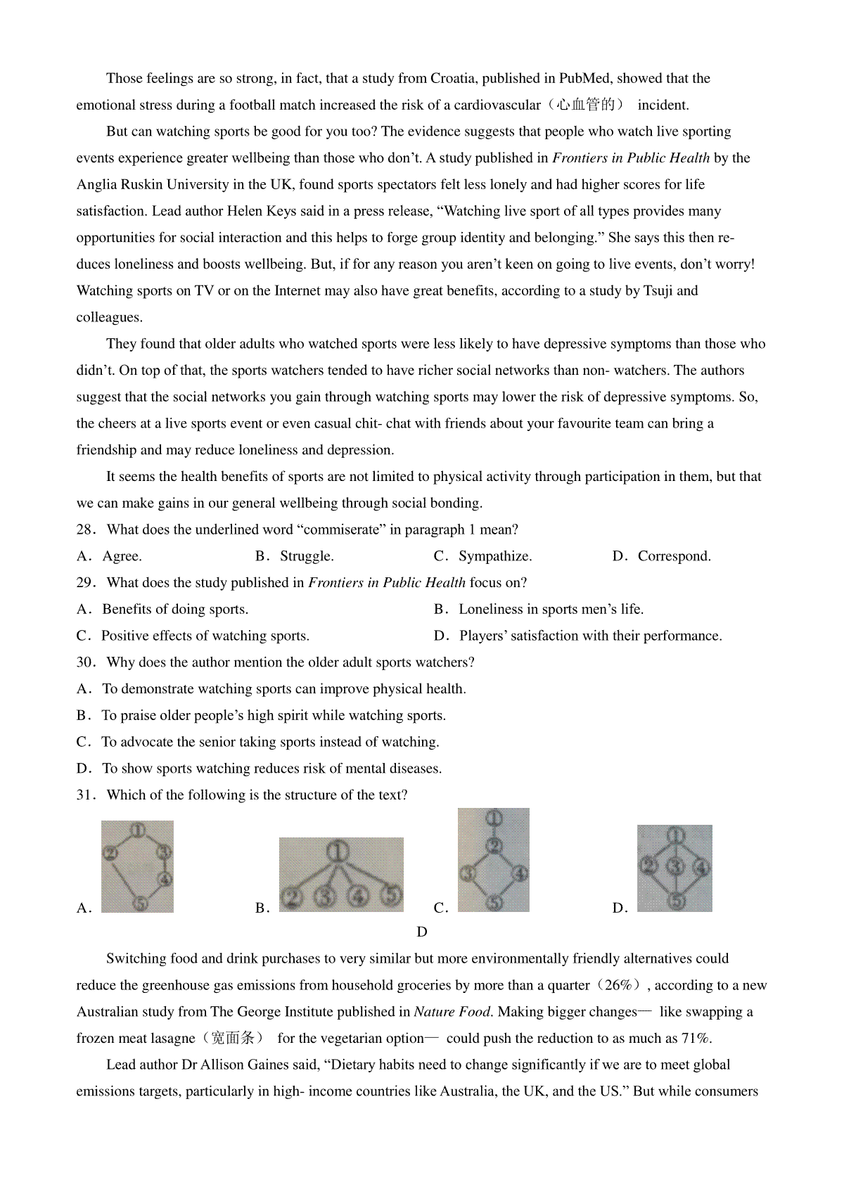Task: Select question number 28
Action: click(x=85, y=529)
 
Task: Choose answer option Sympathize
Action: click(x=495, y=556)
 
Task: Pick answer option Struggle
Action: click(x=307, y=556)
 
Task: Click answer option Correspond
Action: click(x=674, y=556)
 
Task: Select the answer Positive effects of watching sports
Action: click(x=205, y=636)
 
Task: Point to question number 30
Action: click(x=85, y=662)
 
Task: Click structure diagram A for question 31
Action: click(x=137, y=866)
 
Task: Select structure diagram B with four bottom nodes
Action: click(x=341, y=875)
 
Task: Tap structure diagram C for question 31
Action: click(x=494, y=860)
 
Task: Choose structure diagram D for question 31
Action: click(x=674, y=868)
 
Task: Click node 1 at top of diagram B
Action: click(x=339, y=852)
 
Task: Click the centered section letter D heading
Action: click(x=422, y=932)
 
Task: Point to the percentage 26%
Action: click(x=618, y=985)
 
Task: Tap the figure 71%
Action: click(x=696, y=1039)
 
